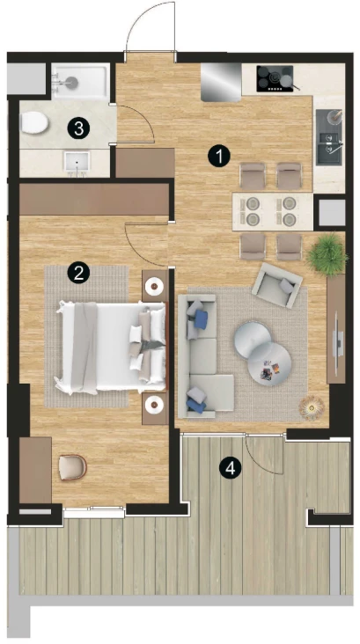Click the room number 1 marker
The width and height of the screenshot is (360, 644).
(x=218, y=156)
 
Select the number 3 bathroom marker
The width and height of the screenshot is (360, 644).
(x=78, y=128)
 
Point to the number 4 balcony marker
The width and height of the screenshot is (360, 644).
(x=230, y=468)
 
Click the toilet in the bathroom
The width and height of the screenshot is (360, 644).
(x=34, y=123)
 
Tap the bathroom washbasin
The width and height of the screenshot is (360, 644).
(x=77, y=165)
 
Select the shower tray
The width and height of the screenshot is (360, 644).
(x=81, y=81)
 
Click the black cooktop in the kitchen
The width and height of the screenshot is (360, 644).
(x=276, y=78)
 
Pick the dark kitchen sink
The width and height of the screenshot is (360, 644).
(x=329, y=137)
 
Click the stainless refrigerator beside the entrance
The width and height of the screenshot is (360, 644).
(x=221, y=82)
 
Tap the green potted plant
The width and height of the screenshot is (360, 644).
(x=327, y=254)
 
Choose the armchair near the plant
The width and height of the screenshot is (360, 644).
(x=277, y=285)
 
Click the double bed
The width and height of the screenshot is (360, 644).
(x=112, y=348)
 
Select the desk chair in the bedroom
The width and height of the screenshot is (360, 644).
(x=72, y=467)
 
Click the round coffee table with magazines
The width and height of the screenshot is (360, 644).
(x=269, y=364)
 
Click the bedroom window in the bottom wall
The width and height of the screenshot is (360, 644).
(x=93, y=512)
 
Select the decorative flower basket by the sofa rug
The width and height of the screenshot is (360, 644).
(x=312, y=407)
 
